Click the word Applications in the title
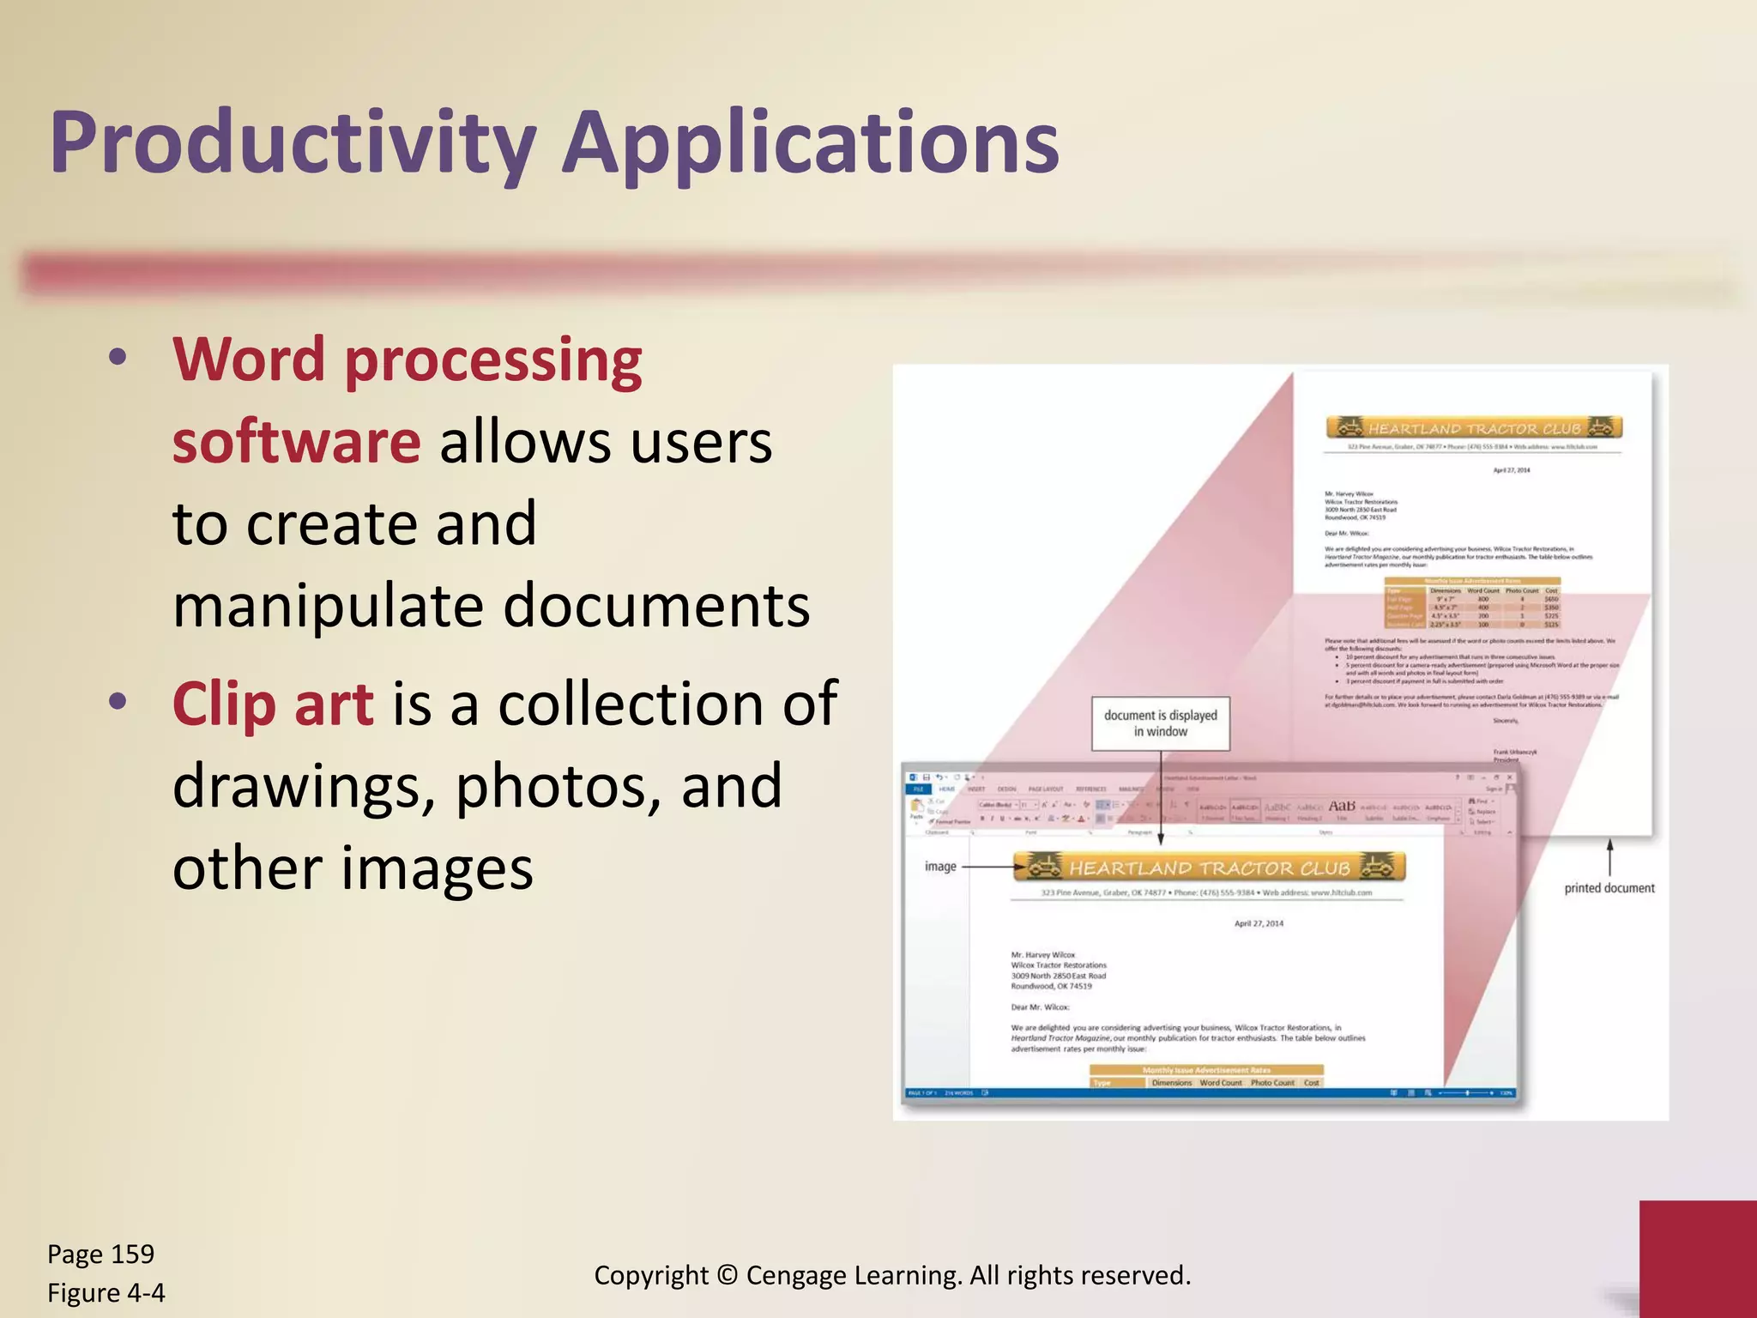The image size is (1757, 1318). point(811,143)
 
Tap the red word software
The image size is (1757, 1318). point(296,442)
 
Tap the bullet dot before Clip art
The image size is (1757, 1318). point(118,702)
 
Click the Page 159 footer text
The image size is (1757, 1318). point(100,1254)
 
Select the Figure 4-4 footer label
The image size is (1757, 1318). point(106,1292)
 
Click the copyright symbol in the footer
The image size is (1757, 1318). point(727,1275)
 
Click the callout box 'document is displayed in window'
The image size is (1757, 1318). point(1160,723)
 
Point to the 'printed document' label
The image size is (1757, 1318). point(1609,888)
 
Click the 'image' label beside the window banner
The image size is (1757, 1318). point(940,867)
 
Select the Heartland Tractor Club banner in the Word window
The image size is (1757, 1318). point(1209,868)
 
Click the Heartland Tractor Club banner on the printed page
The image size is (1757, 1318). point(1473,427)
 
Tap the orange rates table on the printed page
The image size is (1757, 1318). point(1472,603)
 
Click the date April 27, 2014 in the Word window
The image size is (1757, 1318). point(1259,924)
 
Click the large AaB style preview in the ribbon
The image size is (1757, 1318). point(1342,806)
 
